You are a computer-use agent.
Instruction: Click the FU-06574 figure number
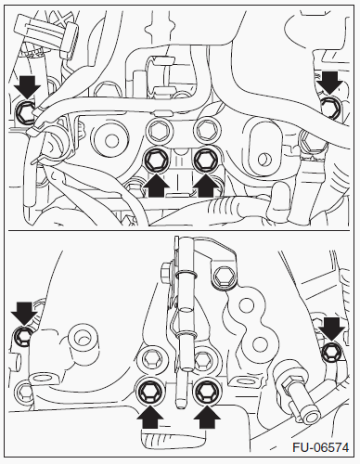(320, 447)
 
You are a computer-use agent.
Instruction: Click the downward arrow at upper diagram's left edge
(29, 86)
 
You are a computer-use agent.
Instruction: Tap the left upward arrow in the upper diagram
(157, 186)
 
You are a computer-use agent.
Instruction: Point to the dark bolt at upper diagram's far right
(329, 107)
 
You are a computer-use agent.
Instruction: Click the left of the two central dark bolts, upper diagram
(157, 160)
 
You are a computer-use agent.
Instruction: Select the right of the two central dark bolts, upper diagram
(206, 160)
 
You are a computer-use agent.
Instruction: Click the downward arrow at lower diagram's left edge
(24, 313)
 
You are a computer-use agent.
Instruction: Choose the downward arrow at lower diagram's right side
(331, 329)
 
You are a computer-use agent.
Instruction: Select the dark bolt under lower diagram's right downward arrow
(332, 353)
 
